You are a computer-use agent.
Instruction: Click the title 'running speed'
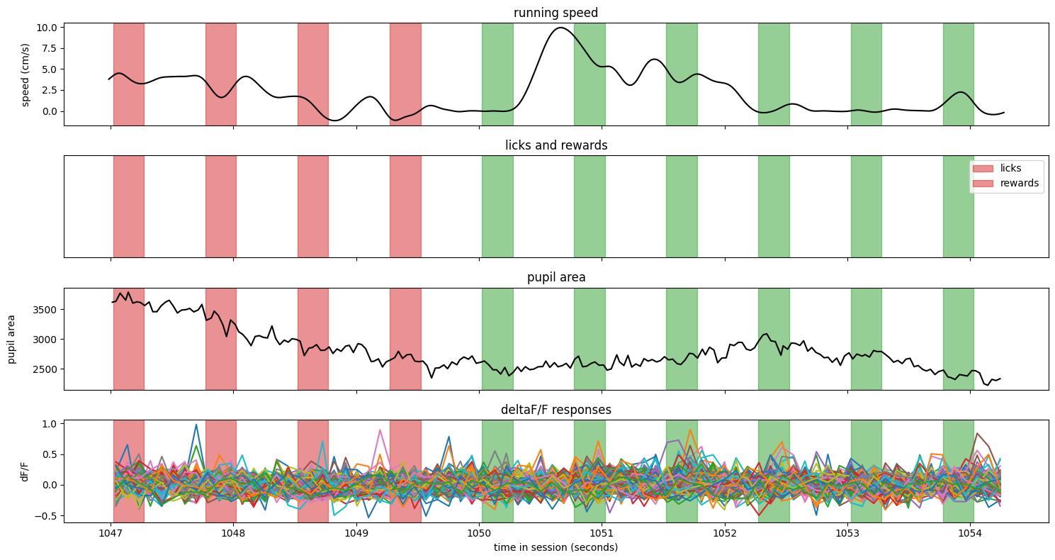(555, 13)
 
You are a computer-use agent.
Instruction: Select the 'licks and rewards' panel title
(556, 145)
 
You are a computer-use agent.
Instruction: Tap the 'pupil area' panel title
(556, 277)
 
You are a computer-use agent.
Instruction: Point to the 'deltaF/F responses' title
(555, 410)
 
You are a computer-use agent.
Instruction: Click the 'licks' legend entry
(1011, 168)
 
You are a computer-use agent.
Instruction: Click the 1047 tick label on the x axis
(111, 534)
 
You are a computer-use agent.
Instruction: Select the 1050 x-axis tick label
(480, 534)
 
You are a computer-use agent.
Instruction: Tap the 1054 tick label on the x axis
(970, 534)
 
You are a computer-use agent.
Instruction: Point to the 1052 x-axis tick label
(725, 534)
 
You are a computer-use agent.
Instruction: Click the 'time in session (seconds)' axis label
(555, 547)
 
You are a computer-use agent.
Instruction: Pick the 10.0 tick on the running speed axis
(47, 28)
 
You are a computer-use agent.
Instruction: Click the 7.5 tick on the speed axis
(50, 48)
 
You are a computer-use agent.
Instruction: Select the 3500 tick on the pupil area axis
(45, 310)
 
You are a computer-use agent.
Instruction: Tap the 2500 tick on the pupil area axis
(45, 369)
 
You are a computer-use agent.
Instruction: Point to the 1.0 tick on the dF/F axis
(50, 424)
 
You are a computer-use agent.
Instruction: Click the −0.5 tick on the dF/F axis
(46, 516)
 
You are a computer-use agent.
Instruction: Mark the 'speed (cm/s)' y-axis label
(26, 75)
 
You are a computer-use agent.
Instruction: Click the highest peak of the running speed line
(560, 28)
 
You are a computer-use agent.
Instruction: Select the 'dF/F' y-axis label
(25, 471)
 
